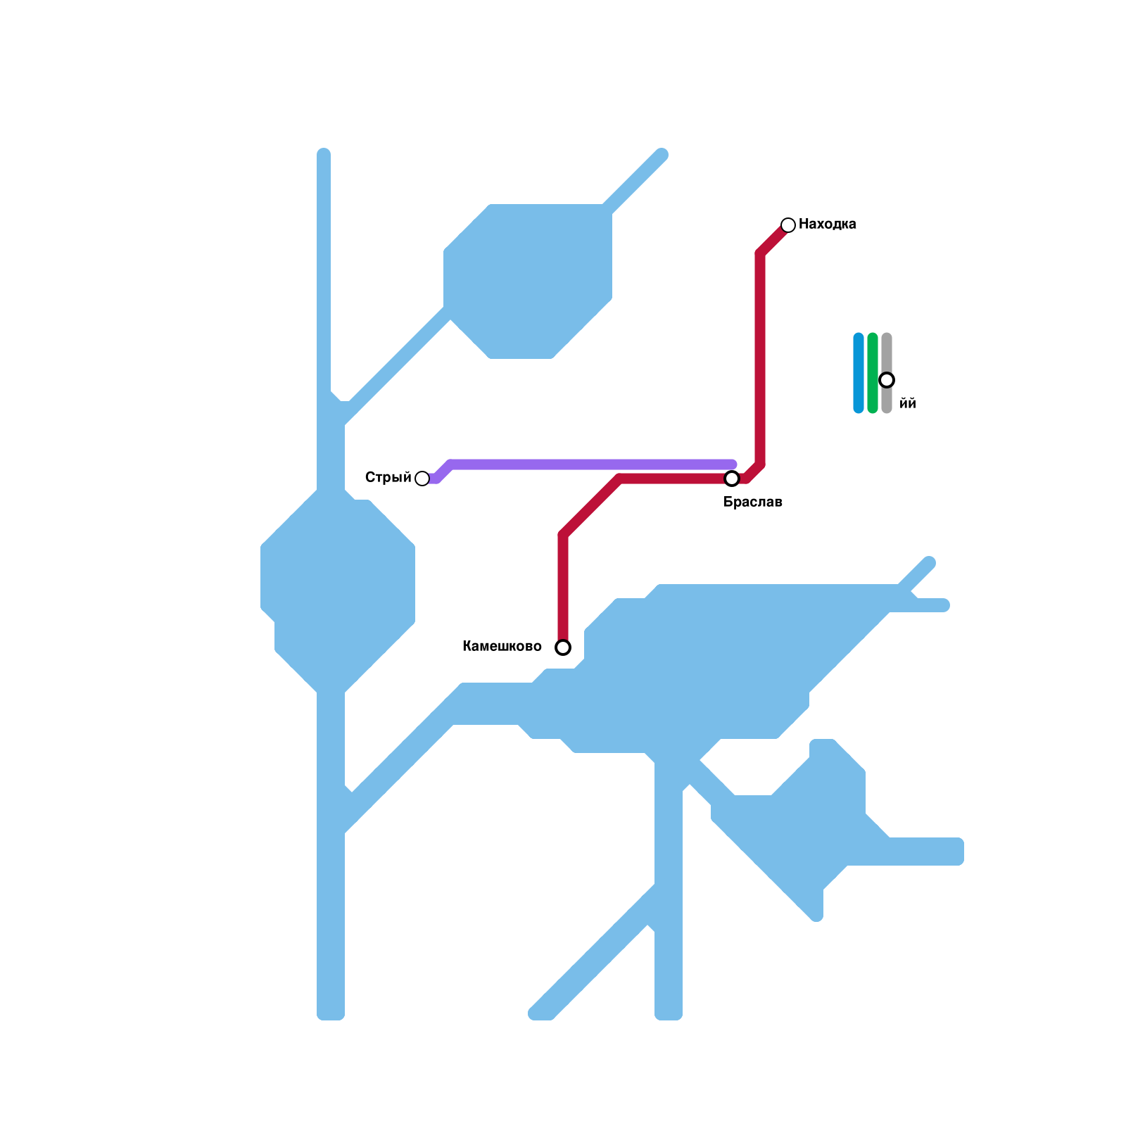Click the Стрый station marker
[422, 479]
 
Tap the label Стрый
[388, 478]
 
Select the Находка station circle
[788, 225]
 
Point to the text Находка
[827, 224]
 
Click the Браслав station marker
[732, 479]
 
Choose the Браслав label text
[752, 502]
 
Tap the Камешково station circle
[563, 647]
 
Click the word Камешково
[502, 647]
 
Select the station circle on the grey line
[887, 380]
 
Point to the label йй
[908, 404]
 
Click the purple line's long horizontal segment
[591, 464]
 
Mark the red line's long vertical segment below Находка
[760, 359]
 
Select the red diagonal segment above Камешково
[591, 507]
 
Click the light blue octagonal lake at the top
[528, 281]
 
